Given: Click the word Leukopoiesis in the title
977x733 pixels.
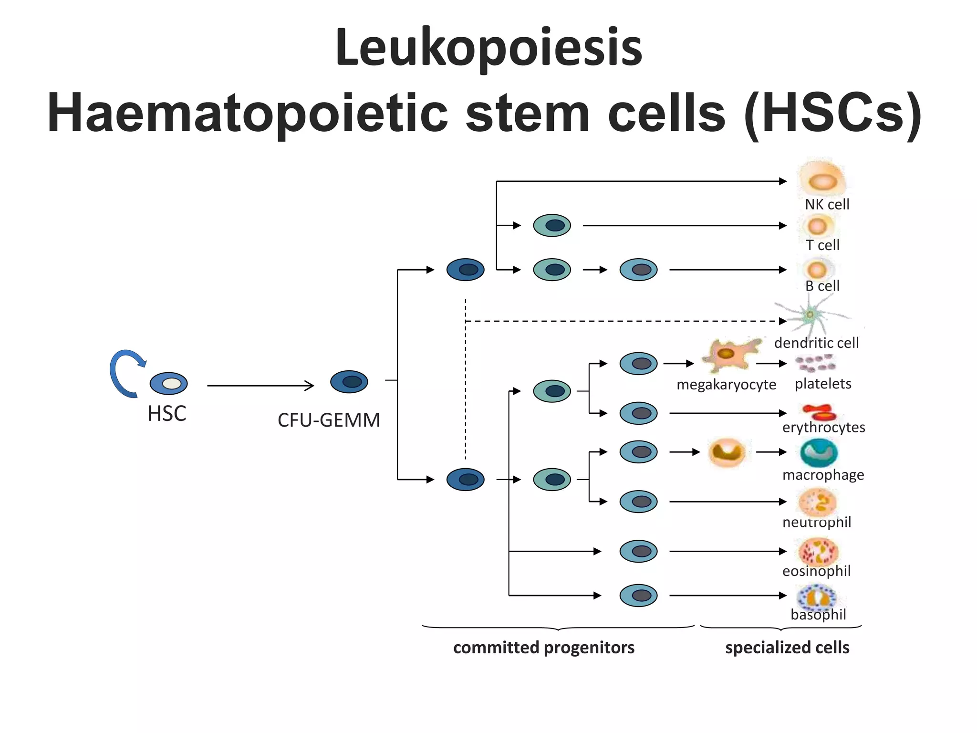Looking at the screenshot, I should [x=488, y=48].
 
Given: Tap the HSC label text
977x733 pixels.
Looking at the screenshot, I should [x=166, y=414].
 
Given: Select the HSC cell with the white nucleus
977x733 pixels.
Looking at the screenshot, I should [x=169, y=383].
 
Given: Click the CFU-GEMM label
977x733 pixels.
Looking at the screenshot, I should [x=329, y=420].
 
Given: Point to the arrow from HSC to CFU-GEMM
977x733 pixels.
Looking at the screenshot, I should [x=260, y=385].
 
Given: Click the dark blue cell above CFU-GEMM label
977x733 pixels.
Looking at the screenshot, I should [x=349, y=382].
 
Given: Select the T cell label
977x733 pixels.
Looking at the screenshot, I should [x=822, y=245].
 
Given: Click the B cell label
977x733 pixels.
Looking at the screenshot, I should [x=822, y=286].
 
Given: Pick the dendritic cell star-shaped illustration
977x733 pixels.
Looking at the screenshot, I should [x=810, y=314].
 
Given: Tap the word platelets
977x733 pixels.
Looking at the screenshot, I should [x=823, y=384].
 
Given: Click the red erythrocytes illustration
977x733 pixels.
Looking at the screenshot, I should [x=819, y=411].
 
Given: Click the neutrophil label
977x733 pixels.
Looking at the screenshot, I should [x=817, y=522].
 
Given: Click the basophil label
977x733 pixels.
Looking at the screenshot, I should [x=818, y=614].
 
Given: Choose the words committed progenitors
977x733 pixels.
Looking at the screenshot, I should [x=544, y=648].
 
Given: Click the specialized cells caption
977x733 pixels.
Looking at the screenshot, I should [x=787, y=648].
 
